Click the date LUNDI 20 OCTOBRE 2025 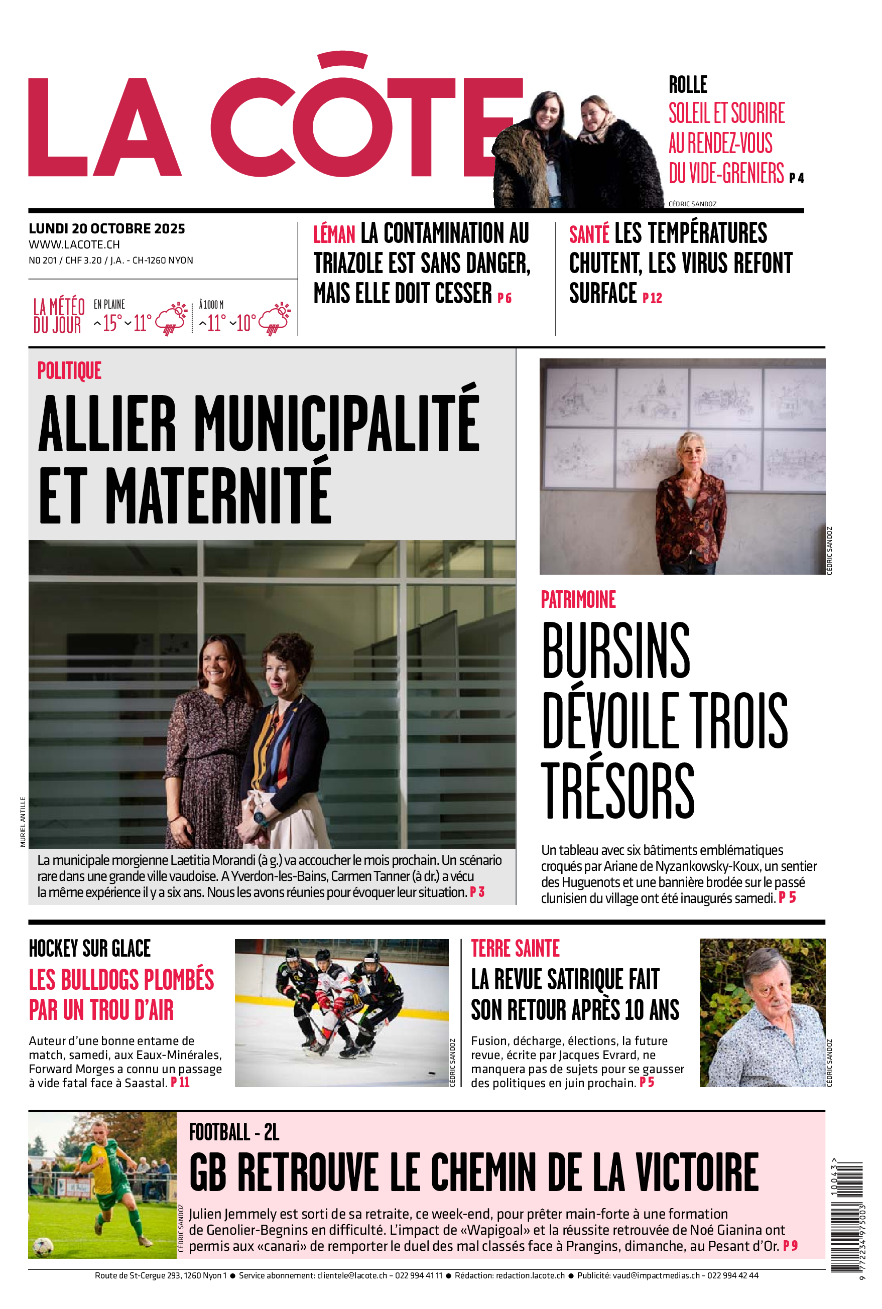107,229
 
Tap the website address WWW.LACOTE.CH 74,244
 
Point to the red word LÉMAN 334,234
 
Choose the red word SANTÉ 589,234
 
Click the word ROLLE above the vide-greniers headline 687,85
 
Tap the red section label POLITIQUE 69,371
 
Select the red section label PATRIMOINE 578,600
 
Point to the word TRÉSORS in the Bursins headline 617,791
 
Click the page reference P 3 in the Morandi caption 477,892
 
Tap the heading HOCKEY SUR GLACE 89,949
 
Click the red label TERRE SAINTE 515,949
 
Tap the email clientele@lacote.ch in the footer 352,1276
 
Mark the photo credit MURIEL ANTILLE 23,822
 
